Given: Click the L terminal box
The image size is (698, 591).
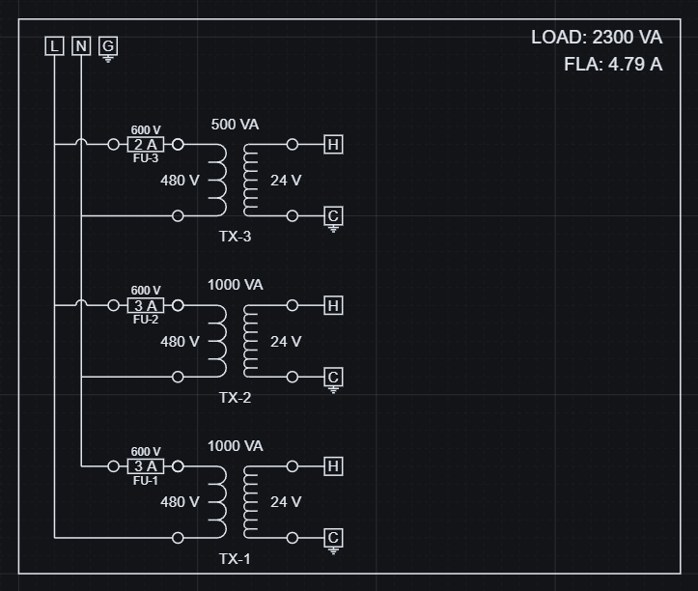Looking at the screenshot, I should coord(54,45).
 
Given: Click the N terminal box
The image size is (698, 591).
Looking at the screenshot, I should coord(81,45).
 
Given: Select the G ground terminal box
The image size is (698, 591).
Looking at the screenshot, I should coord(108,45).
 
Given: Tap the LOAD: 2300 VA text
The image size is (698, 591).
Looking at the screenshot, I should coord(596,38).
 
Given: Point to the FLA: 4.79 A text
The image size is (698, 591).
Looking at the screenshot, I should coord(613,65).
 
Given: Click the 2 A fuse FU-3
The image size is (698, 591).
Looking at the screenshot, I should coord(146,145).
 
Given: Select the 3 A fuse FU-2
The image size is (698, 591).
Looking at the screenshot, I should coord(146,305).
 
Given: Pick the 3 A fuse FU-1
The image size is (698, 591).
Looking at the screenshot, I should coord(146,466).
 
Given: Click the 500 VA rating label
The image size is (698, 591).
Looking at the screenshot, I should coord(235,125).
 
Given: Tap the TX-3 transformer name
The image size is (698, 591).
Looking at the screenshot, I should coord(235,237).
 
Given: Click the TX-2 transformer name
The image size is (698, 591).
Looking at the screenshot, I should coord(235,397).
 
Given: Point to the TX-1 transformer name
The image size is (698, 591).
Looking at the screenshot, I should coord(235,558).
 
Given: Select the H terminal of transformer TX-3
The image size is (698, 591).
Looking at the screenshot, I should coord(333,145).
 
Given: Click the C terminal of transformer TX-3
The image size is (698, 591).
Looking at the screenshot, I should coord(333,215).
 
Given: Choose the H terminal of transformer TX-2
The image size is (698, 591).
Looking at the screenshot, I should coord(333,305).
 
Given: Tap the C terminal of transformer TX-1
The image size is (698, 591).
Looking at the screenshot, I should coord(333,538).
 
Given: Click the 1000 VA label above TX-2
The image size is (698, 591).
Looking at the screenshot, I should coord(235,285).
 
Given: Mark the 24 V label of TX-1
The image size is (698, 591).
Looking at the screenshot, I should coord(286,502).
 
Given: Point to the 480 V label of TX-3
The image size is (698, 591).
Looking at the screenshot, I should coord(180,181).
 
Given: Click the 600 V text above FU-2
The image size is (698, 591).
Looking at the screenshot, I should coord(146,291).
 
